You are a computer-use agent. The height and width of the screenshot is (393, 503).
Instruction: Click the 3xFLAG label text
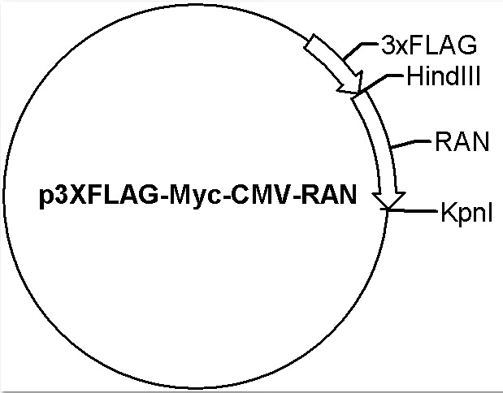click(429, 45)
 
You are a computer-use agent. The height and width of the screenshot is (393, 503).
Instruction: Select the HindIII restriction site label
click(444, 76)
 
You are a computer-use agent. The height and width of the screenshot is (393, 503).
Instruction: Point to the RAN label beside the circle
click(462, 141)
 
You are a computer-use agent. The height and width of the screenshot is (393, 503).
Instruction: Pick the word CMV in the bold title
click(262, 195)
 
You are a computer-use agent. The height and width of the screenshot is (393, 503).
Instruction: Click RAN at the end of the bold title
click(329, 195)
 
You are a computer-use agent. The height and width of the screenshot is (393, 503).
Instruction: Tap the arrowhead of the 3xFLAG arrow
click(351, 84)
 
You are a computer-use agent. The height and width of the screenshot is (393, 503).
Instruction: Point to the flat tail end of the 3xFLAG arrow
click(310, 41)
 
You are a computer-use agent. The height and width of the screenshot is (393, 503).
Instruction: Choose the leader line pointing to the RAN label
click(411, 144)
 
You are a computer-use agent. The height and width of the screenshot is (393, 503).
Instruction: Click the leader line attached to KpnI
click(409, 210)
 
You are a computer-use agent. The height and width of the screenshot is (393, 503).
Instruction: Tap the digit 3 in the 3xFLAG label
click(388, 45)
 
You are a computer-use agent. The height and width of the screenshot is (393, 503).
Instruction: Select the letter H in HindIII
click(414, 76)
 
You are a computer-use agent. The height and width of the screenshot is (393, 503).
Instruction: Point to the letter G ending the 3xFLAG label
click(467, 45)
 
